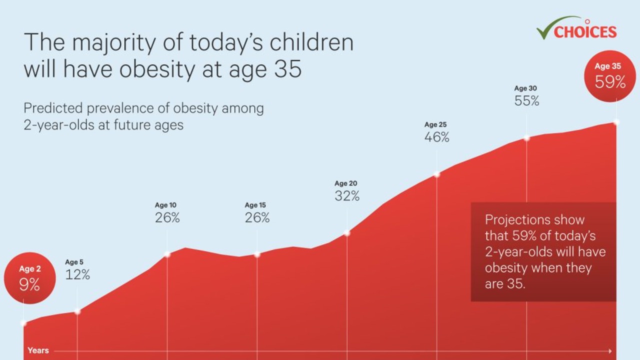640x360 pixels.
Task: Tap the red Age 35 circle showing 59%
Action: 609,76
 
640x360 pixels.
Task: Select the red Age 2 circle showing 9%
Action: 29,278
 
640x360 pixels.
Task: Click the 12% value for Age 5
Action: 77,274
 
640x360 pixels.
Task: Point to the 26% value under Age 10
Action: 167,217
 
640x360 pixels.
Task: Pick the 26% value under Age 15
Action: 257,217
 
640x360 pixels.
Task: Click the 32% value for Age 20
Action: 347,196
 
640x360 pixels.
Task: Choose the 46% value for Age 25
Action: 436,137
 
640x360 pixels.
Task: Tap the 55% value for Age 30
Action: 526,100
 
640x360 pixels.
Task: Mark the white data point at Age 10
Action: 167,254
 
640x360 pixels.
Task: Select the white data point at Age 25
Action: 436,174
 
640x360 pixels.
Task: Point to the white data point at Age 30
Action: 526,138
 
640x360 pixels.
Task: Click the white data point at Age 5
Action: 77,311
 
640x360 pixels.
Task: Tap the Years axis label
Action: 38,350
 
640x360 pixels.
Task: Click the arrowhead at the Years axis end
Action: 609,351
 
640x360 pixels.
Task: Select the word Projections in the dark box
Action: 520,219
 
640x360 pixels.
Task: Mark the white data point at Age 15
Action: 257,254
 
